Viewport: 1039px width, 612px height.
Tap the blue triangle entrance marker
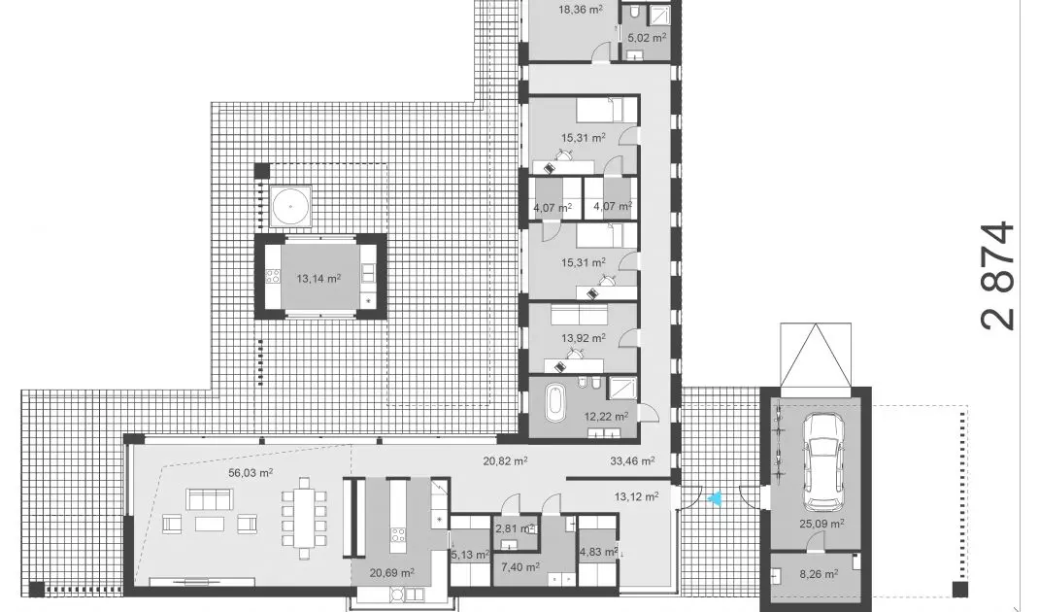[715, 498]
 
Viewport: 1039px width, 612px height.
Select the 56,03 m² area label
[251, 473]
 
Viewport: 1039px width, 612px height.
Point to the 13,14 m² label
[318, 279]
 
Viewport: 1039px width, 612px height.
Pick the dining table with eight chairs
[304, 517]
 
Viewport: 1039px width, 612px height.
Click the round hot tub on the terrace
[290, 206]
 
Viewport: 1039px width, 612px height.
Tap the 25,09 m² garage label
[821, 524]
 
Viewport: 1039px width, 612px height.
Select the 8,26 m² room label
[819, 574]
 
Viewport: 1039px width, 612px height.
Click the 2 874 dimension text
[998, 276]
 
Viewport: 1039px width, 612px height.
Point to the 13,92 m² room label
[584, 338]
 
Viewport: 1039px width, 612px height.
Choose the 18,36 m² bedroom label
[581, 10]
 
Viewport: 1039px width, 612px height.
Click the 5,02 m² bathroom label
[647, 38]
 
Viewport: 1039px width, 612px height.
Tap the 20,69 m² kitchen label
[392, 572]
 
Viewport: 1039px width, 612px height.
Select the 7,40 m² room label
[520, 567]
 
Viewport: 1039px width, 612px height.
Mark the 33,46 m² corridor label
[633, 460]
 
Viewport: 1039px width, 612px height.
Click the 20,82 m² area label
[505, 460]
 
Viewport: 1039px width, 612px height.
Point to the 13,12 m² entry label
[636, 496]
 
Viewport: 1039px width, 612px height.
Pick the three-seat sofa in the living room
[210, 498]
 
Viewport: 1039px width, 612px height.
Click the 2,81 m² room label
[515, 528]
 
